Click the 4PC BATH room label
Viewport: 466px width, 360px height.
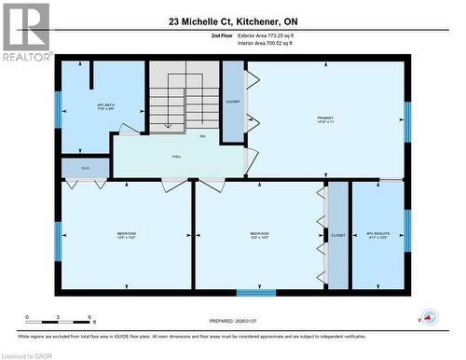click(x=104, y=106)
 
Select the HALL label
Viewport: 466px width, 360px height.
click(x=176, y=158)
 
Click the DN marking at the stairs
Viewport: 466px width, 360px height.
click(x=201, y=136)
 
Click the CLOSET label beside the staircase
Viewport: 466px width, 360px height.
click(x=233, y=101)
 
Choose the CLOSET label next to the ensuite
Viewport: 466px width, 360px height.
click(x=337, y=236)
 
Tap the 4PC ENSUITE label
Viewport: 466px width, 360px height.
click(x=377, y=235)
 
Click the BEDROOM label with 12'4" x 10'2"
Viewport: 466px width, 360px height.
click(x=127, y=234)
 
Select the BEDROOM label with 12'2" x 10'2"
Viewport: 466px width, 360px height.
click(x=259, y=235)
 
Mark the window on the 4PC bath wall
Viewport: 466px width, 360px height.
click(x=58, y=108)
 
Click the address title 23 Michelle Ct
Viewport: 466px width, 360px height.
click(x=232, y=20)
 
